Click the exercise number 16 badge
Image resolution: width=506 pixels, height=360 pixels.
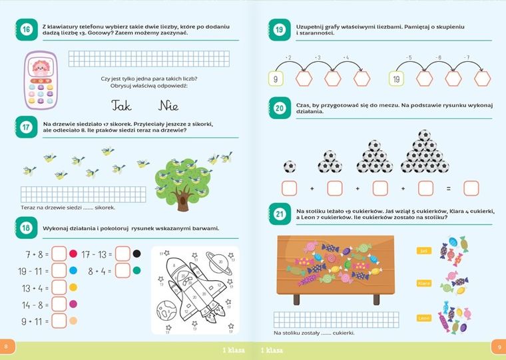point(25,29)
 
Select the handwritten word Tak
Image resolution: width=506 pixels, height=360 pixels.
point(122,105)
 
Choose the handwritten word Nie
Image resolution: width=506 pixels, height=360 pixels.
point(168,105)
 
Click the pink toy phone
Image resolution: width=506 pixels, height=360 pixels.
point(41,81)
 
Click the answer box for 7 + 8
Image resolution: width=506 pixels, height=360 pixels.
point(59,254)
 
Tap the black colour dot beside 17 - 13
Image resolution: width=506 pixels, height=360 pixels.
point(137,254)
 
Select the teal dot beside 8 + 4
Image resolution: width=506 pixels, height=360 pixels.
point(137,271)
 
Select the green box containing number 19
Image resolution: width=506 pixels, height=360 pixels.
point(396,79)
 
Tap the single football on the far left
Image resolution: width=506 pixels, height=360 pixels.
point(289,166)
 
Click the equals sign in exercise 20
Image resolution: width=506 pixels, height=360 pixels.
point(448,188)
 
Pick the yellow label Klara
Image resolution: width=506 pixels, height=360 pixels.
point(421,283)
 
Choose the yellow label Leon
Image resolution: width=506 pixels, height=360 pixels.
point(421,318)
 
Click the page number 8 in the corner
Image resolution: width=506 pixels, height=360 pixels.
point(6,347)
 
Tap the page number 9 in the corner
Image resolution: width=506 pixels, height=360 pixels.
point(499,347)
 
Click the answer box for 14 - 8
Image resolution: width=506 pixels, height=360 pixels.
point(59,305)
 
